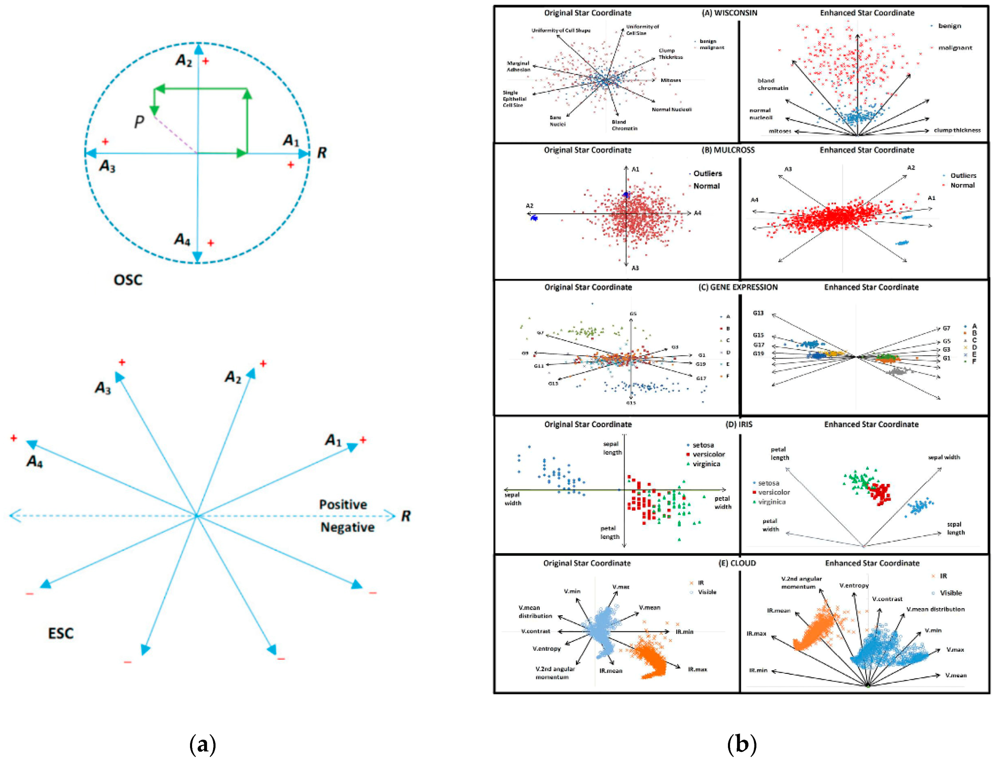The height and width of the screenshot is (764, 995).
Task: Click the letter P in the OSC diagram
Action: (139, 121)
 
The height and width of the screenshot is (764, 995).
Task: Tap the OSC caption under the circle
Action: (128, 280)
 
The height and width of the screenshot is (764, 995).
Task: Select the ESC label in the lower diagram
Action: (61, 634)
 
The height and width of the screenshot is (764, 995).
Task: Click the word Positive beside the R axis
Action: (343, 504)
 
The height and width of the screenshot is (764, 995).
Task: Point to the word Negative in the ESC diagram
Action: (347, 528)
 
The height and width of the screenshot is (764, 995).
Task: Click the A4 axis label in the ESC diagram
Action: (34, 462)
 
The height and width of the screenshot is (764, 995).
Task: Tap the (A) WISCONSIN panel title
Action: (730, 13)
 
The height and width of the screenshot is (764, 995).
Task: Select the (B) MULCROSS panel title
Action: (729, 150)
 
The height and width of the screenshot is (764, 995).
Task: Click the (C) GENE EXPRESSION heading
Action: (738, 287)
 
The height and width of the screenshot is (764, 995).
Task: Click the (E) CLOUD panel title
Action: (737, 563)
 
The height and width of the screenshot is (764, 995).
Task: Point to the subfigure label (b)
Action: (742, 745)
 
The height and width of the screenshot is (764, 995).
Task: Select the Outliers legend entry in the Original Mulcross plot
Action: (707, 173)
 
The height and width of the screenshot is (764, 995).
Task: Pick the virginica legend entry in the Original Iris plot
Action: (705, 464)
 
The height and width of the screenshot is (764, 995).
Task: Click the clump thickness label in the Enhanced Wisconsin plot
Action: (957, 130)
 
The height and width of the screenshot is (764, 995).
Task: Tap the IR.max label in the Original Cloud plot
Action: (697, 669)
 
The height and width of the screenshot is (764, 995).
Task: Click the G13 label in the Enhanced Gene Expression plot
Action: (758, 313)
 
